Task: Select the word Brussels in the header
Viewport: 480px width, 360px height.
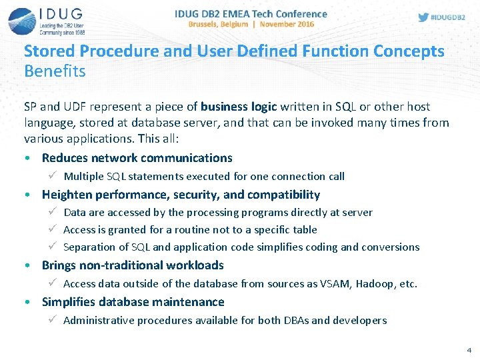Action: [x=209, y=24]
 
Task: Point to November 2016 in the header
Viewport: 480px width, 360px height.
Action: [x=287, y=24]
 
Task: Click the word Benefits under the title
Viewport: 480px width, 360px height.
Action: [x=55, y=70]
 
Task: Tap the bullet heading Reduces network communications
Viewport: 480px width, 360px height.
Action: [x=137, y=158]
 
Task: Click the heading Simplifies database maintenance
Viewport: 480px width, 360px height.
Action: [x=133, y=302]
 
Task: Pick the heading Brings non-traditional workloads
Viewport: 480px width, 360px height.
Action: [x=133, y=265]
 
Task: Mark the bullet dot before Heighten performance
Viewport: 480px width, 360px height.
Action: [x=25, y=195]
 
